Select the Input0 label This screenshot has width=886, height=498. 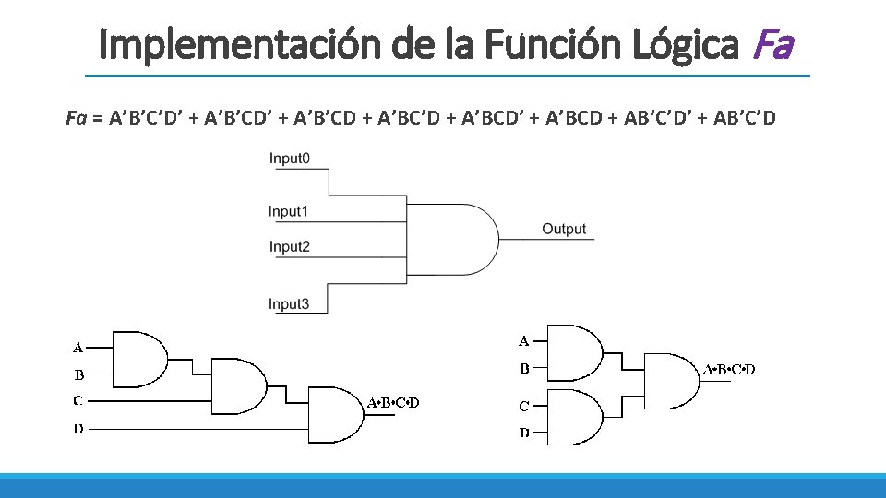click(289, 159)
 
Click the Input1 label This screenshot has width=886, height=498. click(288, 211)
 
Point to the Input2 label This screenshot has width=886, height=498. click(289, 246)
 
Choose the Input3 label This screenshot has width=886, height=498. click(289, 303)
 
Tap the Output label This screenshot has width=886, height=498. click(564, 229)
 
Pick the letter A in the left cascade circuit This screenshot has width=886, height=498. click(78, 348)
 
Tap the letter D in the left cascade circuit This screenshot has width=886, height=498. click(78, 429)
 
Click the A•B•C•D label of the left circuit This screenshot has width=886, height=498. click(393, 402)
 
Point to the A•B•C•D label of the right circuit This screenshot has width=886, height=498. click(729, 369)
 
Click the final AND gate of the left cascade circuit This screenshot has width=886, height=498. click(333, 412)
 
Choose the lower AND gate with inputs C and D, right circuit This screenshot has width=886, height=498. click(572, 417)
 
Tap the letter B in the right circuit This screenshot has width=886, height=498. click(524, 369)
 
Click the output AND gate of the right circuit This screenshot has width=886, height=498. click(669, 380)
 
